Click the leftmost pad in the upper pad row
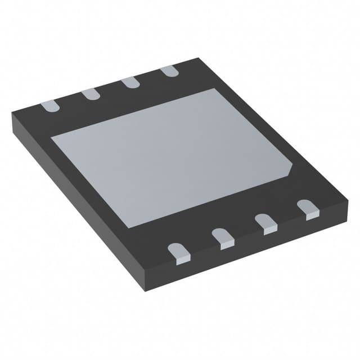[x=49, y=105]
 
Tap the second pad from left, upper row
[x=90, y=94]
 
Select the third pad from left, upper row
[x=130, y=82]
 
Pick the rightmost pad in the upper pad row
[x=169, y=71]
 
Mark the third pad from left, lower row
[x=266, y=223]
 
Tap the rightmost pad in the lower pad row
[x=308, y=209]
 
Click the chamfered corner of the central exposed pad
[x=291, y=168]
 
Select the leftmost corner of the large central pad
[x=52, y=137]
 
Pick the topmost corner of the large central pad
[x=215, y=89]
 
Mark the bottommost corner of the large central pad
[x=130, y=227]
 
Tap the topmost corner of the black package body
[x=198, y=58]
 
